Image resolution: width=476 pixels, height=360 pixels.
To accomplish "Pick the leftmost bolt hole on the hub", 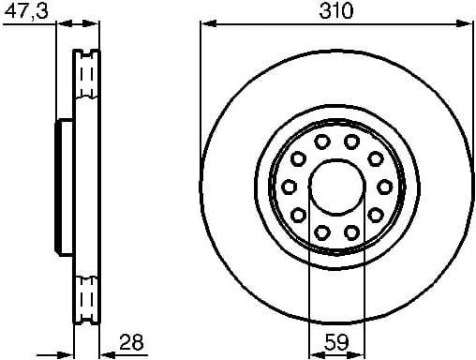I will pyautogui.click(x=290, y=187).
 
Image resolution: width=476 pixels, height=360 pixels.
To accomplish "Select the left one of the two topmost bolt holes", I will pyautogui.click(x=321, y=142).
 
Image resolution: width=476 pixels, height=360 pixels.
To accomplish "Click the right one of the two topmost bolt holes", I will pyautogui.click(x=351, y=142).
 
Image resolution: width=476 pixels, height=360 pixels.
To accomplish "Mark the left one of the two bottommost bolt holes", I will pyautogui.click(x=321, y=232).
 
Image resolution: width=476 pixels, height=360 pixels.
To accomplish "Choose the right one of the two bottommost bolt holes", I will pyautogui.click(x=351, y=232).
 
